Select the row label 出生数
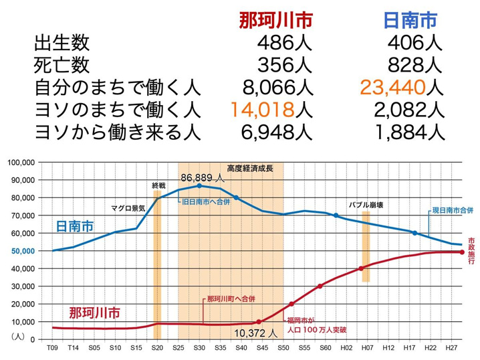click(x=61, y=44)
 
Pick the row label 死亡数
click(x=61, y=66)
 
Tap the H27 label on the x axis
click(x=452, y=349)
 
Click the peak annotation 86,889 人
click(x=203, y=177)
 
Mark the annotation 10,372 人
click(x=255, y=332)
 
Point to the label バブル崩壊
click(x=369, y=205)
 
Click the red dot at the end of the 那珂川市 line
click(x=461, y=252)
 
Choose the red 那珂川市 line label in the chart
click(x=96, y=312)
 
